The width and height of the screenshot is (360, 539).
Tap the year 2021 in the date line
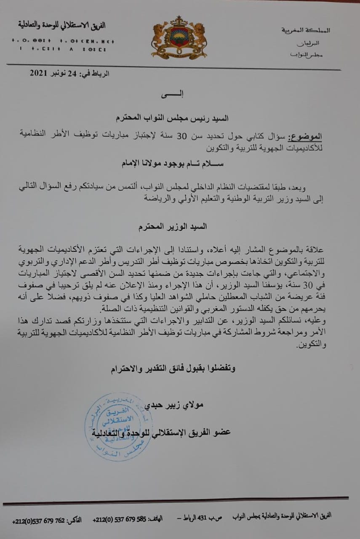point(40,73)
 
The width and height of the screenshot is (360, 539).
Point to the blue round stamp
point(118,427)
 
